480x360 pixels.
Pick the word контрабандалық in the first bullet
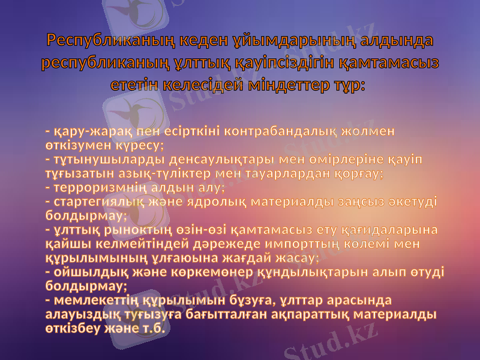[287, 131]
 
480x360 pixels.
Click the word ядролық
[216, 202]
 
